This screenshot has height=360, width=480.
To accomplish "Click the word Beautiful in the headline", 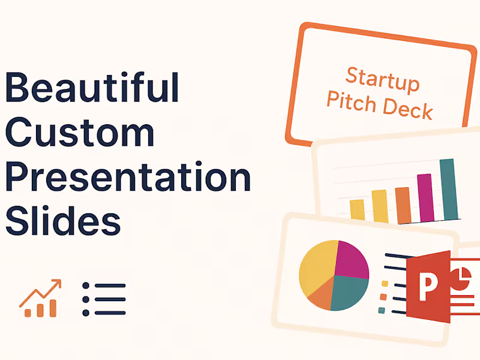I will (92, 88).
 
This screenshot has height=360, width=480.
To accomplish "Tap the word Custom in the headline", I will (79, 133).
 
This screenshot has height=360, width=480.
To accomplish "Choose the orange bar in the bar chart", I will (403, 204).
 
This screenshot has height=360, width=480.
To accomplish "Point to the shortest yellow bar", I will (357, 209).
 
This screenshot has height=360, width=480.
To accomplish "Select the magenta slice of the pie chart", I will (352, 259).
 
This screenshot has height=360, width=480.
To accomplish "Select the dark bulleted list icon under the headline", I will (104, 299).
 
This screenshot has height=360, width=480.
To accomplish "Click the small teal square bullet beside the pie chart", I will (381, 310).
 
